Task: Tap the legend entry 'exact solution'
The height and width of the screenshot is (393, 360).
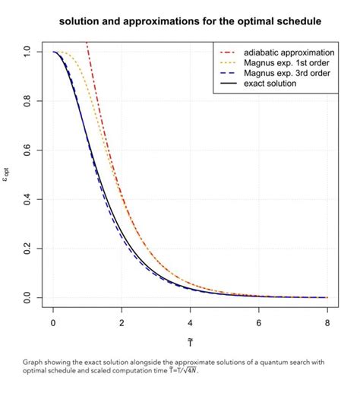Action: [x=270, y=84]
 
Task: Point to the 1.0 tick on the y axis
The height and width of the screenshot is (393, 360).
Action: [x=27, y=52]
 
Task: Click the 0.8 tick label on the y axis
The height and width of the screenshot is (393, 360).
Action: [x=27, y=101]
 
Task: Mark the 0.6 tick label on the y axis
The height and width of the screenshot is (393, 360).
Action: [x=27, y=151]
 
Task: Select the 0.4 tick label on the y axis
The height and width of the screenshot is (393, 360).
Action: [x=27, y=199]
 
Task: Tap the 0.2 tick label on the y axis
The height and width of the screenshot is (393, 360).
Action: [x=27, y=249]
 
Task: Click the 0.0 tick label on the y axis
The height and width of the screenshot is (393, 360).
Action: [x=27, y=297]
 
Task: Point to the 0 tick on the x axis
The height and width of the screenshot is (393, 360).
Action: [x=53, y=322]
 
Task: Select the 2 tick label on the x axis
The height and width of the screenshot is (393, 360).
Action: [x=122, y=322]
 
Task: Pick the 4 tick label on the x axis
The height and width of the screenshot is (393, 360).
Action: [x=190, y=322]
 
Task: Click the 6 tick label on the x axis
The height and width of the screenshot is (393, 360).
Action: [x=259, y=322]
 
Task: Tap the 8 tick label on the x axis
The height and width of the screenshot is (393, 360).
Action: [x=327, y=322]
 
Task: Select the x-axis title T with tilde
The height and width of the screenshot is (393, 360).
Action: [x=190, y=341]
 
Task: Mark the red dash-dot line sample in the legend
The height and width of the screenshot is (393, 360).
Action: [x=229, y=52]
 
